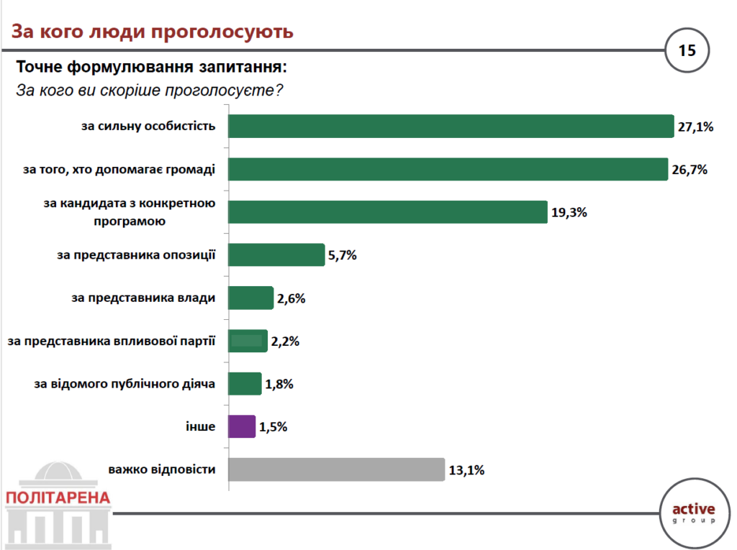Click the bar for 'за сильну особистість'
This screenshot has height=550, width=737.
coord(451,127)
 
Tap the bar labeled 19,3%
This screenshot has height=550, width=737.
coord(388,213)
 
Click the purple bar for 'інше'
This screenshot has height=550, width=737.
coord(242,426)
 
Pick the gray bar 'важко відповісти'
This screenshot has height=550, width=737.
coord(336,469)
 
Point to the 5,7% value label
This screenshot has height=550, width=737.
coord(343,255)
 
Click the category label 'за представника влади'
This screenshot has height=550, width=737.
coord(143,298)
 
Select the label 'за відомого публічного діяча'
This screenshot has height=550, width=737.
coord(125,384)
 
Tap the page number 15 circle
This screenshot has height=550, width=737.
coord(687,50)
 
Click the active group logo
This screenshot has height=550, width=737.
coord(694,512)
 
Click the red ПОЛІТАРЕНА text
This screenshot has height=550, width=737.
coord(58,498)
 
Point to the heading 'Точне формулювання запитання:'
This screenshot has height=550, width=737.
coord(151,68)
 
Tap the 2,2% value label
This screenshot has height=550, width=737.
coord(286,342)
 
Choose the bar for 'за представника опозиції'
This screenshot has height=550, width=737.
coord(276,255)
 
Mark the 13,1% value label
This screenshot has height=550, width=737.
coord(466,471)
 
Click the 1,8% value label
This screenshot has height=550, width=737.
coord(280,385)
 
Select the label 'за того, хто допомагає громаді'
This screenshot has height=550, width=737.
coord(119,169)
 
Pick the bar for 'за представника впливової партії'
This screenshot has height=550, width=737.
coord(248,341)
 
